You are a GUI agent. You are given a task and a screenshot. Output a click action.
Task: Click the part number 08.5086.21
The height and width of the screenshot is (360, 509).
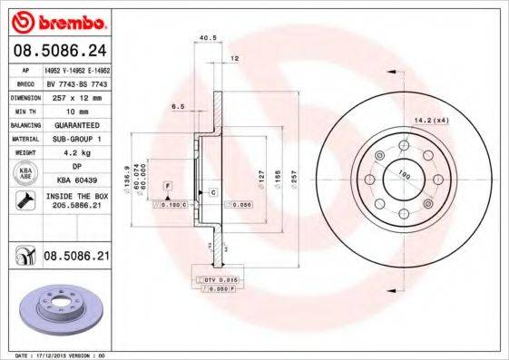[x=76, y=258]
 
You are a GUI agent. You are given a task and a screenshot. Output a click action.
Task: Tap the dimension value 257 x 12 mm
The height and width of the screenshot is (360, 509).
[x=76, y=94]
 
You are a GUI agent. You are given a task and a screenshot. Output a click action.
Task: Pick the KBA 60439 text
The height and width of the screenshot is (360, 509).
[x=76, y=181]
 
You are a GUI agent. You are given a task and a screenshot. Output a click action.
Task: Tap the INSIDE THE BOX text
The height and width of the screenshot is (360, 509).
[x=76, y=196]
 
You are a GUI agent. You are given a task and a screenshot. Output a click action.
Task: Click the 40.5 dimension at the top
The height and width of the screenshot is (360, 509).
[x=206, y=38]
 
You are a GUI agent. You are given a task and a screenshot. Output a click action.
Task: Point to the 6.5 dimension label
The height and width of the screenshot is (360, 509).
[x=178, y=106]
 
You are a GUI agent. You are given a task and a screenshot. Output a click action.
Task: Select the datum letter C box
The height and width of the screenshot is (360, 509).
[x=212, y=193]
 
